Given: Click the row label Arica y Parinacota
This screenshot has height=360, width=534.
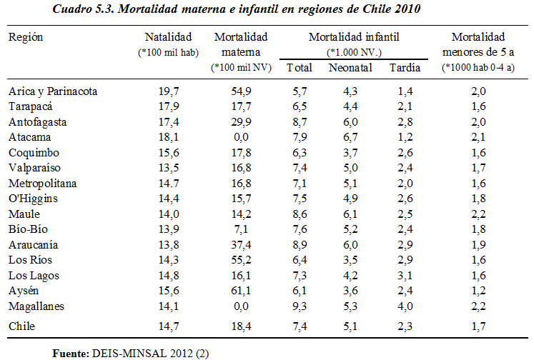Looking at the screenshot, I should pos(53,91).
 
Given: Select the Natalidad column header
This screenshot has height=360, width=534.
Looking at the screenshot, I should pos(169,36).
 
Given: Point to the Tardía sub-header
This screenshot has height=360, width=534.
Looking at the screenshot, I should pos(405,68).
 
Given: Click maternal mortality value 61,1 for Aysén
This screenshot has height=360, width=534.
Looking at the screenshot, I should pos(240,291).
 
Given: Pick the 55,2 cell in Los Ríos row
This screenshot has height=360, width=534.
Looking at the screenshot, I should pos(240,260).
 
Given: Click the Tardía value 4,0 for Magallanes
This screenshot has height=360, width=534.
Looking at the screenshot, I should pos(405,306).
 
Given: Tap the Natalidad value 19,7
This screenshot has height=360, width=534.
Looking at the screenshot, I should pos(169,91).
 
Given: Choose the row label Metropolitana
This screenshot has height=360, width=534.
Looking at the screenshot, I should pos(42,184).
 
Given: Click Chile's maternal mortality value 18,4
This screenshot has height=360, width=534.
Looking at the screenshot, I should pos(240,326).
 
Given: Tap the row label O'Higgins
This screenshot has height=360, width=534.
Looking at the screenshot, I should pos(33,199).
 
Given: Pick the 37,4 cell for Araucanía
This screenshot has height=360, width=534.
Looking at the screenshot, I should pos(240,245).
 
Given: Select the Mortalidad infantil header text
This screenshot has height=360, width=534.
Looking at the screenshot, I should pos(353,36).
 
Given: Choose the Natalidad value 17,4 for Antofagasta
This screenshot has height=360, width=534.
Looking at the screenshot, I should pos(169,122).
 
